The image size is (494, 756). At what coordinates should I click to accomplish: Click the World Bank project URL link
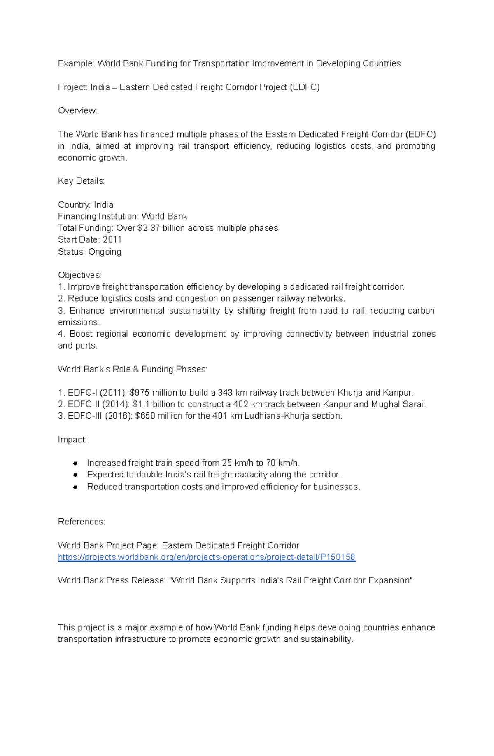[206, 557]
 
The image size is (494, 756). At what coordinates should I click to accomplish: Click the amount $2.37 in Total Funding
[148, 228]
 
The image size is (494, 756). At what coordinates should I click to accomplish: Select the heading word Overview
[77, 110]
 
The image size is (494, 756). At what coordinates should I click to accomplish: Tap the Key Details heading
[81, 181]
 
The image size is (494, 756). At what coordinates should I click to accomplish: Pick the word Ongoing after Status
[105, 252]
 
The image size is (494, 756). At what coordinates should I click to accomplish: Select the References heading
[81, 522]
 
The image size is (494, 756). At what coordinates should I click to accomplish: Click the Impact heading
[72, 440]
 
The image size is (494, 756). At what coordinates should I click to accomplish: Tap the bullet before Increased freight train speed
[75, 463]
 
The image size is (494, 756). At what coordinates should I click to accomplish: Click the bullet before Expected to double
[75, 475]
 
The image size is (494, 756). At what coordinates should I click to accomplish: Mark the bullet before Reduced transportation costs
[75, 487]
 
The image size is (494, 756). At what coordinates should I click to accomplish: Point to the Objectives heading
[79, 275]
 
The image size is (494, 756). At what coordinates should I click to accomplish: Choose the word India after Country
[103, 205]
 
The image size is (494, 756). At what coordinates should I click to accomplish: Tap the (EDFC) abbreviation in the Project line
[305, 87]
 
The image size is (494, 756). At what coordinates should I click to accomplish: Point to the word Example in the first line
[76, 63]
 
